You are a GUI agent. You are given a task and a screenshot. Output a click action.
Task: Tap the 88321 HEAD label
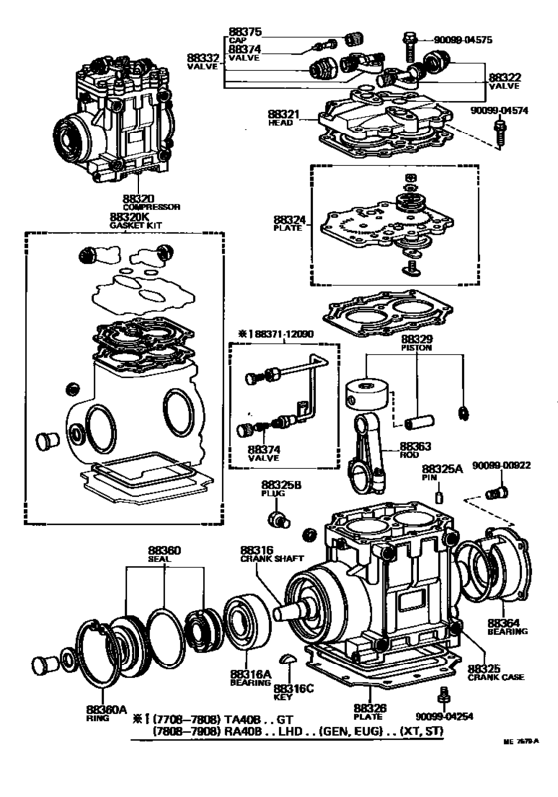[x=285, y=122]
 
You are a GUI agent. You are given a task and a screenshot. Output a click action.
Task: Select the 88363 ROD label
[x=416, y=452]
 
